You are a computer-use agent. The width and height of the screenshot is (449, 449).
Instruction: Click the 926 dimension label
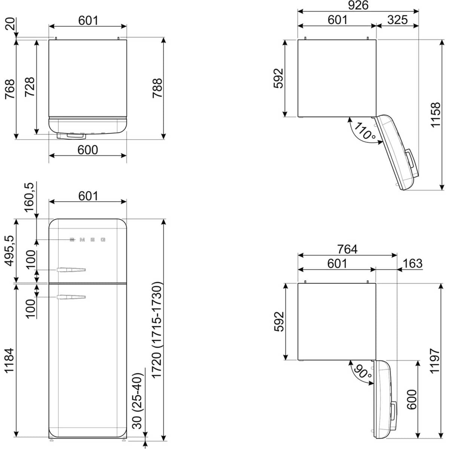[358, 5]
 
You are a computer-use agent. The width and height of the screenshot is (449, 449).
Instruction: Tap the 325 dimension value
[397, 20]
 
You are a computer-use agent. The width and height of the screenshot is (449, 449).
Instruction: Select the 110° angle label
[364, 131]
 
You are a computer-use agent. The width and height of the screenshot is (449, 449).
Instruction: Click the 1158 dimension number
[436, 115]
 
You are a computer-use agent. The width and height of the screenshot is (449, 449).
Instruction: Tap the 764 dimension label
[347, 249]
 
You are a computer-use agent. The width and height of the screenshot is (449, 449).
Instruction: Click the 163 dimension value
[412, 263]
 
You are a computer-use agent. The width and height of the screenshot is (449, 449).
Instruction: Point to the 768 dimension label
[10, 89]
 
